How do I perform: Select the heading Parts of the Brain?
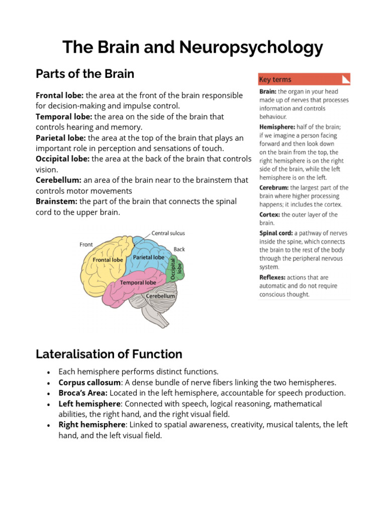tap(85, 74)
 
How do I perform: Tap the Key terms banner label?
tap(275, 79)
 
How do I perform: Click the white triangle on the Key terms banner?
tap(345, 79)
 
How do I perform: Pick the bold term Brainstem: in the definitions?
tap(56, 201)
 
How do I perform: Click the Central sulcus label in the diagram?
tap(168, 233)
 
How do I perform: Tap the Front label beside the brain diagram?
tap(86, 244)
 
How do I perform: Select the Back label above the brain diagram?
tap(179, 249)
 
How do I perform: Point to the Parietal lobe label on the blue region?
tap(148, 258)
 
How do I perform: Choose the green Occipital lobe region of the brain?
tap(175, 268)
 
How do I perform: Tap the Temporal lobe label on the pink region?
tap(138, 283)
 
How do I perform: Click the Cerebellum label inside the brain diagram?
tap(160, 296)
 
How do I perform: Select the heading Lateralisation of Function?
tap(109, 354)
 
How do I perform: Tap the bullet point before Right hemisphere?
tap(48, 425)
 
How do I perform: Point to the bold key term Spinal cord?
tap(276, 233)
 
